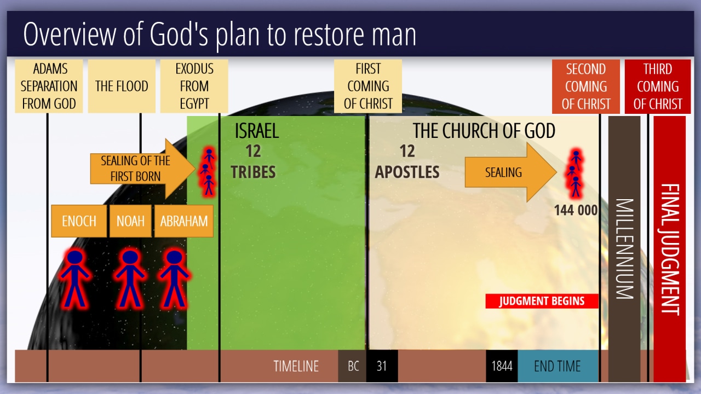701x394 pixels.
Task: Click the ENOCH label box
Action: coord(79,221)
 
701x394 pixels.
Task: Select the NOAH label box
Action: coord(130,221)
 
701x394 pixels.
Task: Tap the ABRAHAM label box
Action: coord(184,221)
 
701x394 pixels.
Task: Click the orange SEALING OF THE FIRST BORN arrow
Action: coord(142,169)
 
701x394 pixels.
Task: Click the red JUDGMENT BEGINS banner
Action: coord(542,301)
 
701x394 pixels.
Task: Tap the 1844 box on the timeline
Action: coord(502,366)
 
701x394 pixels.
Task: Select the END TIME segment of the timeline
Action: coord(558,366)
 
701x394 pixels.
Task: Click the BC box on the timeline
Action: coord(352,366)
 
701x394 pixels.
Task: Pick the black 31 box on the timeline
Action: coord(382,366)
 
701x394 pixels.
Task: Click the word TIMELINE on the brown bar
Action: coord(296,366)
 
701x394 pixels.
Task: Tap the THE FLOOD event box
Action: coord(122,86)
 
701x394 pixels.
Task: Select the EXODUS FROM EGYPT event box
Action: coord(194,86)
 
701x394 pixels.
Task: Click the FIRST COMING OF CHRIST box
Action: coord(368,86)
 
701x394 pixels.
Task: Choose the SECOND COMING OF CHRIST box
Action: coord(586,86)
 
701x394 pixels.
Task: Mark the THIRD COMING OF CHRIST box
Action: coord(658,86)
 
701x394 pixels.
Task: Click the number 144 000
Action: coord(576,210)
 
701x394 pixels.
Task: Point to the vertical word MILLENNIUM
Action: coord(625,249)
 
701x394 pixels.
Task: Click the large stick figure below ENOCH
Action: coord(75,278)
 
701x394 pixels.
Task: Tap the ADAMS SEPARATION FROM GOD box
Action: coord(49,86)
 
